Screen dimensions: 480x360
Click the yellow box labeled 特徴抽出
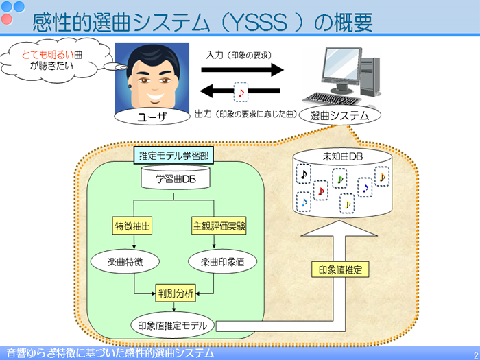click(x=132, y=226)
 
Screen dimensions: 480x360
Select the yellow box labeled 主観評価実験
click(x=219, y=226)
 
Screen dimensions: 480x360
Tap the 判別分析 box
click(x=176, y=293)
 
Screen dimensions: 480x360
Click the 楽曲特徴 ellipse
click(x=125, y=262)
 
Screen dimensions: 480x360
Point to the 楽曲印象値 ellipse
click(x=223, y=262)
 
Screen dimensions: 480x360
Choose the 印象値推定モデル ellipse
click(x=173, y=326)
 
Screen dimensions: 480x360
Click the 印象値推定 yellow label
click(x=340, y=269)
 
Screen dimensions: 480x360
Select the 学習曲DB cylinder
click(x=176, y=178)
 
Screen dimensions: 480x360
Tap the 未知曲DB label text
click(x=343, y=157)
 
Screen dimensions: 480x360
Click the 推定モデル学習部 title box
click(x=173, y=156)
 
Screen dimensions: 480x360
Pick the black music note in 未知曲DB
click(x=304, y=174)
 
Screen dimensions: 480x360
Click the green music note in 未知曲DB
click(x=340, y=178)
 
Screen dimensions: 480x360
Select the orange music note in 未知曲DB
click(x=383, y=177)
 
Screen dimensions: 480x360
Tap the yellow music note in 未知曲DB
click(x=347, y=204)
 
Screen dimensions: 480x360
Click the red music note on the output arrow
click(x=241, y=92)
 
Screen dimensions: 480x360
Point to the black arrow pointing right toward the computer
click(x=242, y=70)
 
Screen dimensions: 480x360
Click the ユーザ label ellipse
click(x=152, y=117)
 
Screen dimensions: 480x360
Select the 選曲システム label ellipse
click(x=340, y=115)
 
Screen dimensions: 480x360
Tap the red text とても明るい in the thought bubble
click(x=48, y=55)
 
